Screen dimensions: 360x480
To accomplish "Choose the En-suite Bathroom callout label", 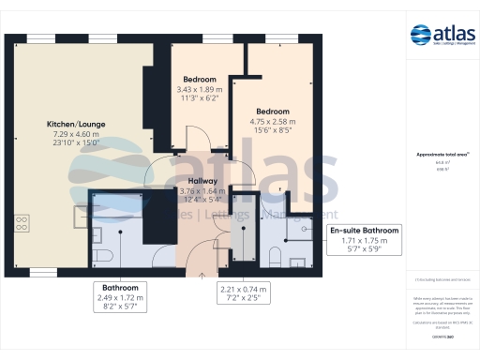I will click(363, 231).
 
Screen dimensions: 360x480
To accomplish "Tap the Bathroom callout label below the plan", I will click(121, 287).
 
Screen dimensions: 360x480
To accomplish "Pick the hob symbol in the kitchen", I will click(22, 224).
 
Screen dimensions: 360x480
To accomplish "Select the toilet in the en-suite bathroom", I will click(275, 255).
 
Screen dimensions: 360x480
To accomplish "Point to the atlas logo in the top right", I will click(441, 36).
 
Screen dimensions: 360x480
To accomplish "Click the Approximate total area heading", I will click(441, 154).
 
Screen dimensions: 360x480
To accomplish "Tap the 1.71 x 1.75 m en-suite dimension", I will click(363, 241).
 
